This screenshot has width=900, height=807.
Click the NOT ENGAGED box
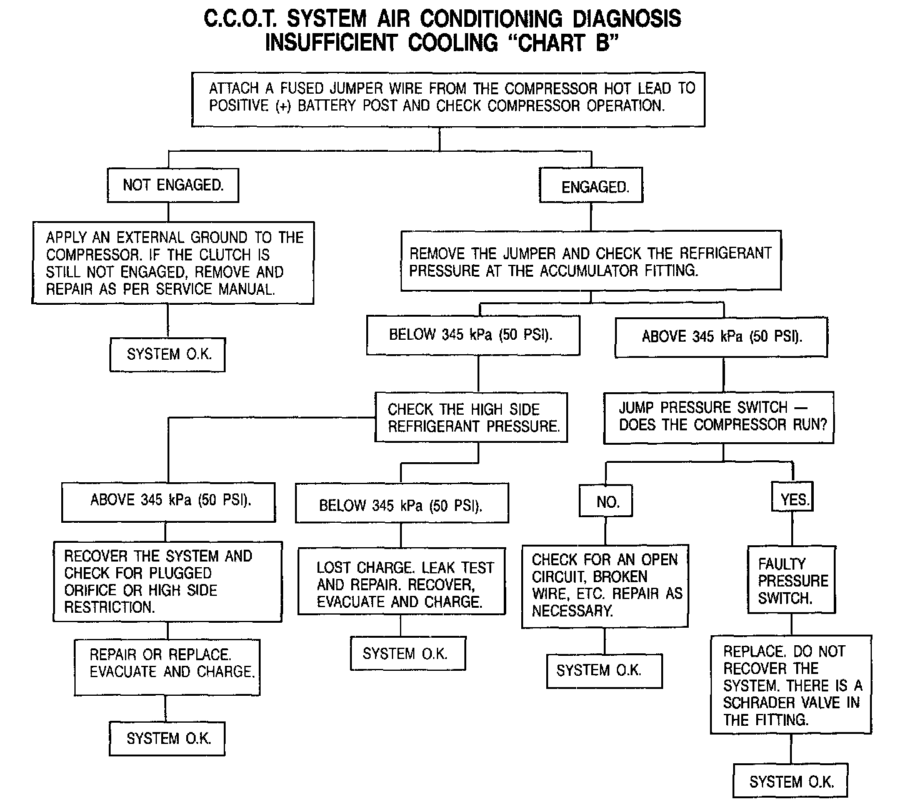173,185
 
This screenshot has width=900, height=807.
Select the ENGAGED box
591,186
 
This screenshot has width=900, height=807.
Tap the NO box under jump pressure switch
606,501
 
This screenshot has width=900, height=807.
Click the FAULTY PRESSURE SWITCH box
791,580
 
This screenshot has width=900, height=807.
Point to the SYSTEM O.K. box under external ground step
167,355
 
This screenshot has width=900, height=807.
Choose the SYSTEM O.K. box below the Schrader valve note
790,782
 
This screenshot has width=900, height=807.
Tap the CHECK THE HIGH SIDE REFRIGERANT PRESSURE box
471,417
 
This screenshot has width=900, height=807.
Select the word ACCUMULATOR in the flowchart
589,270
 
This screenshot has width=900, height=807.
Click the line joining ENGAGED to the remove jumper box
591,217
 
